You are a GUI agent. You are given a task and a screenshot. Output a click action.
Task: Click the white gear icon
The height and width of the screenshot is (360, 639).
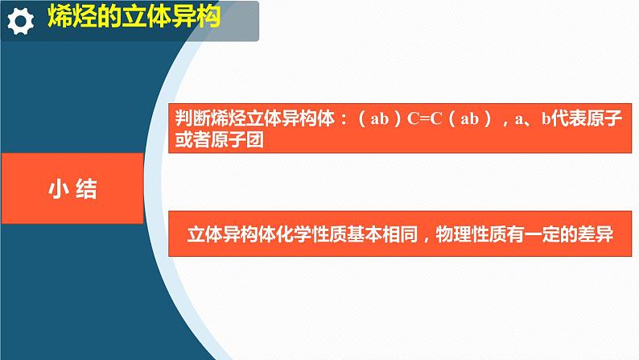[x=21, y=21]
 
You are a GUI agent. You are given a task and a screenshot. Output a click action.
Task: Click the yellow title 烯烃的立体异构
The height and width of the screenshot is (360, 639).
[x=134, y=17]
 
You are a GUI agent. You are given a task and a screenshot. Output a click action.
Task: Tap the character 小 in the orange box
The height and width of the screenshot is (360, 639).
[x=58, y=189]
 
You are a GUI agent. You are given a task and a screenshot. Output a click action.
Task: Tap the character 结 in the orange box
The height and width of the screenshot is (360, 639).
[x=86, y=189]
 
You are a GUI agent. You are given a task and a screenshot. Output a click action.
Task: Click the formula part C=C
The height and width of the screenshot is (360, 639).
[x=424, y=118]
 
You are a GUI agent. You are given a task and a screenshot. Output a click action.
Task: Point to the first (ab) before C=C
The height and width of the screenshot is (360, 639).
[x=379, y=118]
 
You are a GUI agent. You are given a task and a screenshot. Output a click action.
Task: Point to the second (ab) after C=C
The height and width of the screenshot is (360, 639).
[x=469, y=118]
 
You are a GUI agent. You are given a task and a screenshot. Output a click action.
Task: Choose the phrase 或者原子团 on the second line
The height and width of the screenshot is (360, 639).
[x=219, y=139]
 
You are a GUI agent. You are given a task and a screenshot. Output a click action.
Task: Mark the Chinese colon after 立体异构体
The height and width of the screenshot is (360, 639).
[x=344, y=119]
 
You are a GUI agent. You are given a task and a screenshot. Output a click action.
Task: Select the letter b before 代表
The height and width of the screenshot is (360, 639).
[x=546, y=118]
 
